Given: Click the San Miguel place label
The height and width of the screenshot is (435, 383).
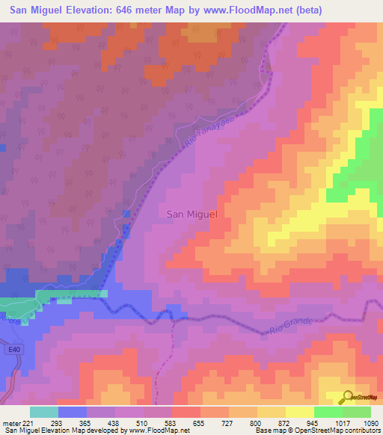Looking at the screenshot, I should click(x=191, y=214).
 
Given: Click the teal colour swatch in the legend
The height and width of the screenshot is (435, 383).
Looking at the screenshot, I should click(x=43, y=412).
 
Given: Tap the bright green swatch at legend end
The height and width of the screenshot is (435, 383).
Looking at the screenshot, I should click(x=356, y=412).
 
